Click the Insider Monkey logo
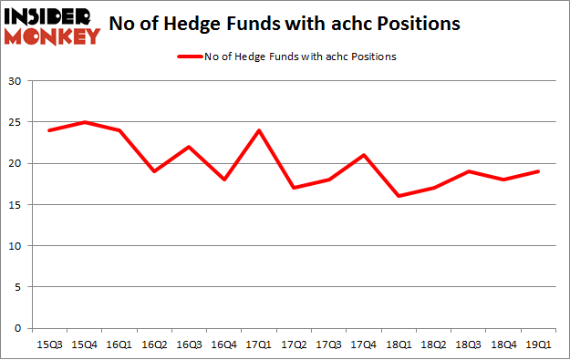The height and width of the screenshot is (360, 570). coord(51,26)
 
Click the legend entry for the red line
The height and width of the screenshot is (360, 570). coord(285,57)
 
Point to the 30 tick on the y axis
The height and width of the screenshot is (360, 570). coord(16,81)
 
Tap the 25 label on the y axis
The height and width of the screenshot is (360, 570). coord(16,122)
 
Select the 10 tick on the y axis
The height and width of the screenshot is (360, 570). coord(16,246)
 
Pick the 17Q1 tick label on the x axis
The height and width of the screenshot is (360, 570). coord(261,344)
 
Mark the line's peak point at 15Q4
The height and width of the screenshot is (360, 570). coord(84,122)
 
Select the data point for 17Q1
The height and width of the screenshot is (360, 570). coord(261,130)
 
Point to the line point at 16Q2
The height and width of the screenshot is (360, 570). coord(155,171)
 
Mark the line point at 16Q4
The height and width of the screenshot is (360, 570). coord(225,180)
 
